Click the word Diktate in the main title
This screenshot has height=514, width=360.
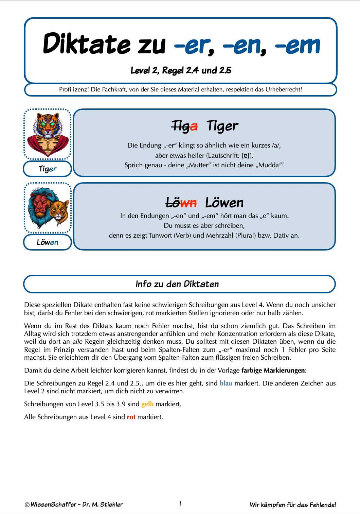click(x=87, y=45)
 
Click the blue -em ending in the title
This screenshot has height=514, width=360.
click(x=298, y=45)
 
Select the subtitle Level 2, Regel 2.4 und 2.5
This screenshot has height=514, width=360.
click(x=181, y=70)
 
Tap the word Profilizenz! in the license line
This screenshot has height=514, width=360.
click(x=74, y=89)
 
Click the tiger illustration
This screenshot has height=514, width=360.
click(x=48, y=134)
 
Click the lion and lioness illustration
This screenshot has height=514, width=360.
click(x=48, y=208)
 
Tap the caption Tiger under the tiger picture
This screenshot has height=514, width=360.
click(x=48, y=169)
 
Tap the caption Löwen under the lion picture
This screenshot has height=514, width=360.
click(x=48, y=242)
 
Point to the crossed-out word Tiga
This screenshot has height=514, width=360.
click(x=184, y=126)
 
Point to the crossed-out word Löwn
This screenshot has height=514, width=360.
click(x=181, y=203)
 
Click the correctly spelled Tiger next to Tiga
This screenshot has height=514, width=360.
click(x=222, y=126)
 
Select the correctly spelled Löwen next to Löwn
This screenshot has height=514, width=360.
click(x=224, y=203)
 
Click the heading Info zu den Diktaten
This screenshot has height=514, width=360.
click(x=177, y=284)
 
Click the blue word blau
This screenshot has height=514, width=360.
click(x=226, y=383)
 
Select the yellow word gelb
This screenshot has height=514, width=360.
click(x=147, y=404)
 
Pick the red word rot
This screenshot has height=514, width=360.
click(x=131, y=417)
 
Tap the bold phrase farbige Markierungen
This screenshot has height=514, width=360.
click(x=273, y=370)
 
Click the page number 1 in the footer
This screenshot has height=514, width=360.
click(x=180, y=504)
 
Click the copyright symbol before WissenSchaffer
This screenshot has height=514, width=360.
click(x=27, y=505)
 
